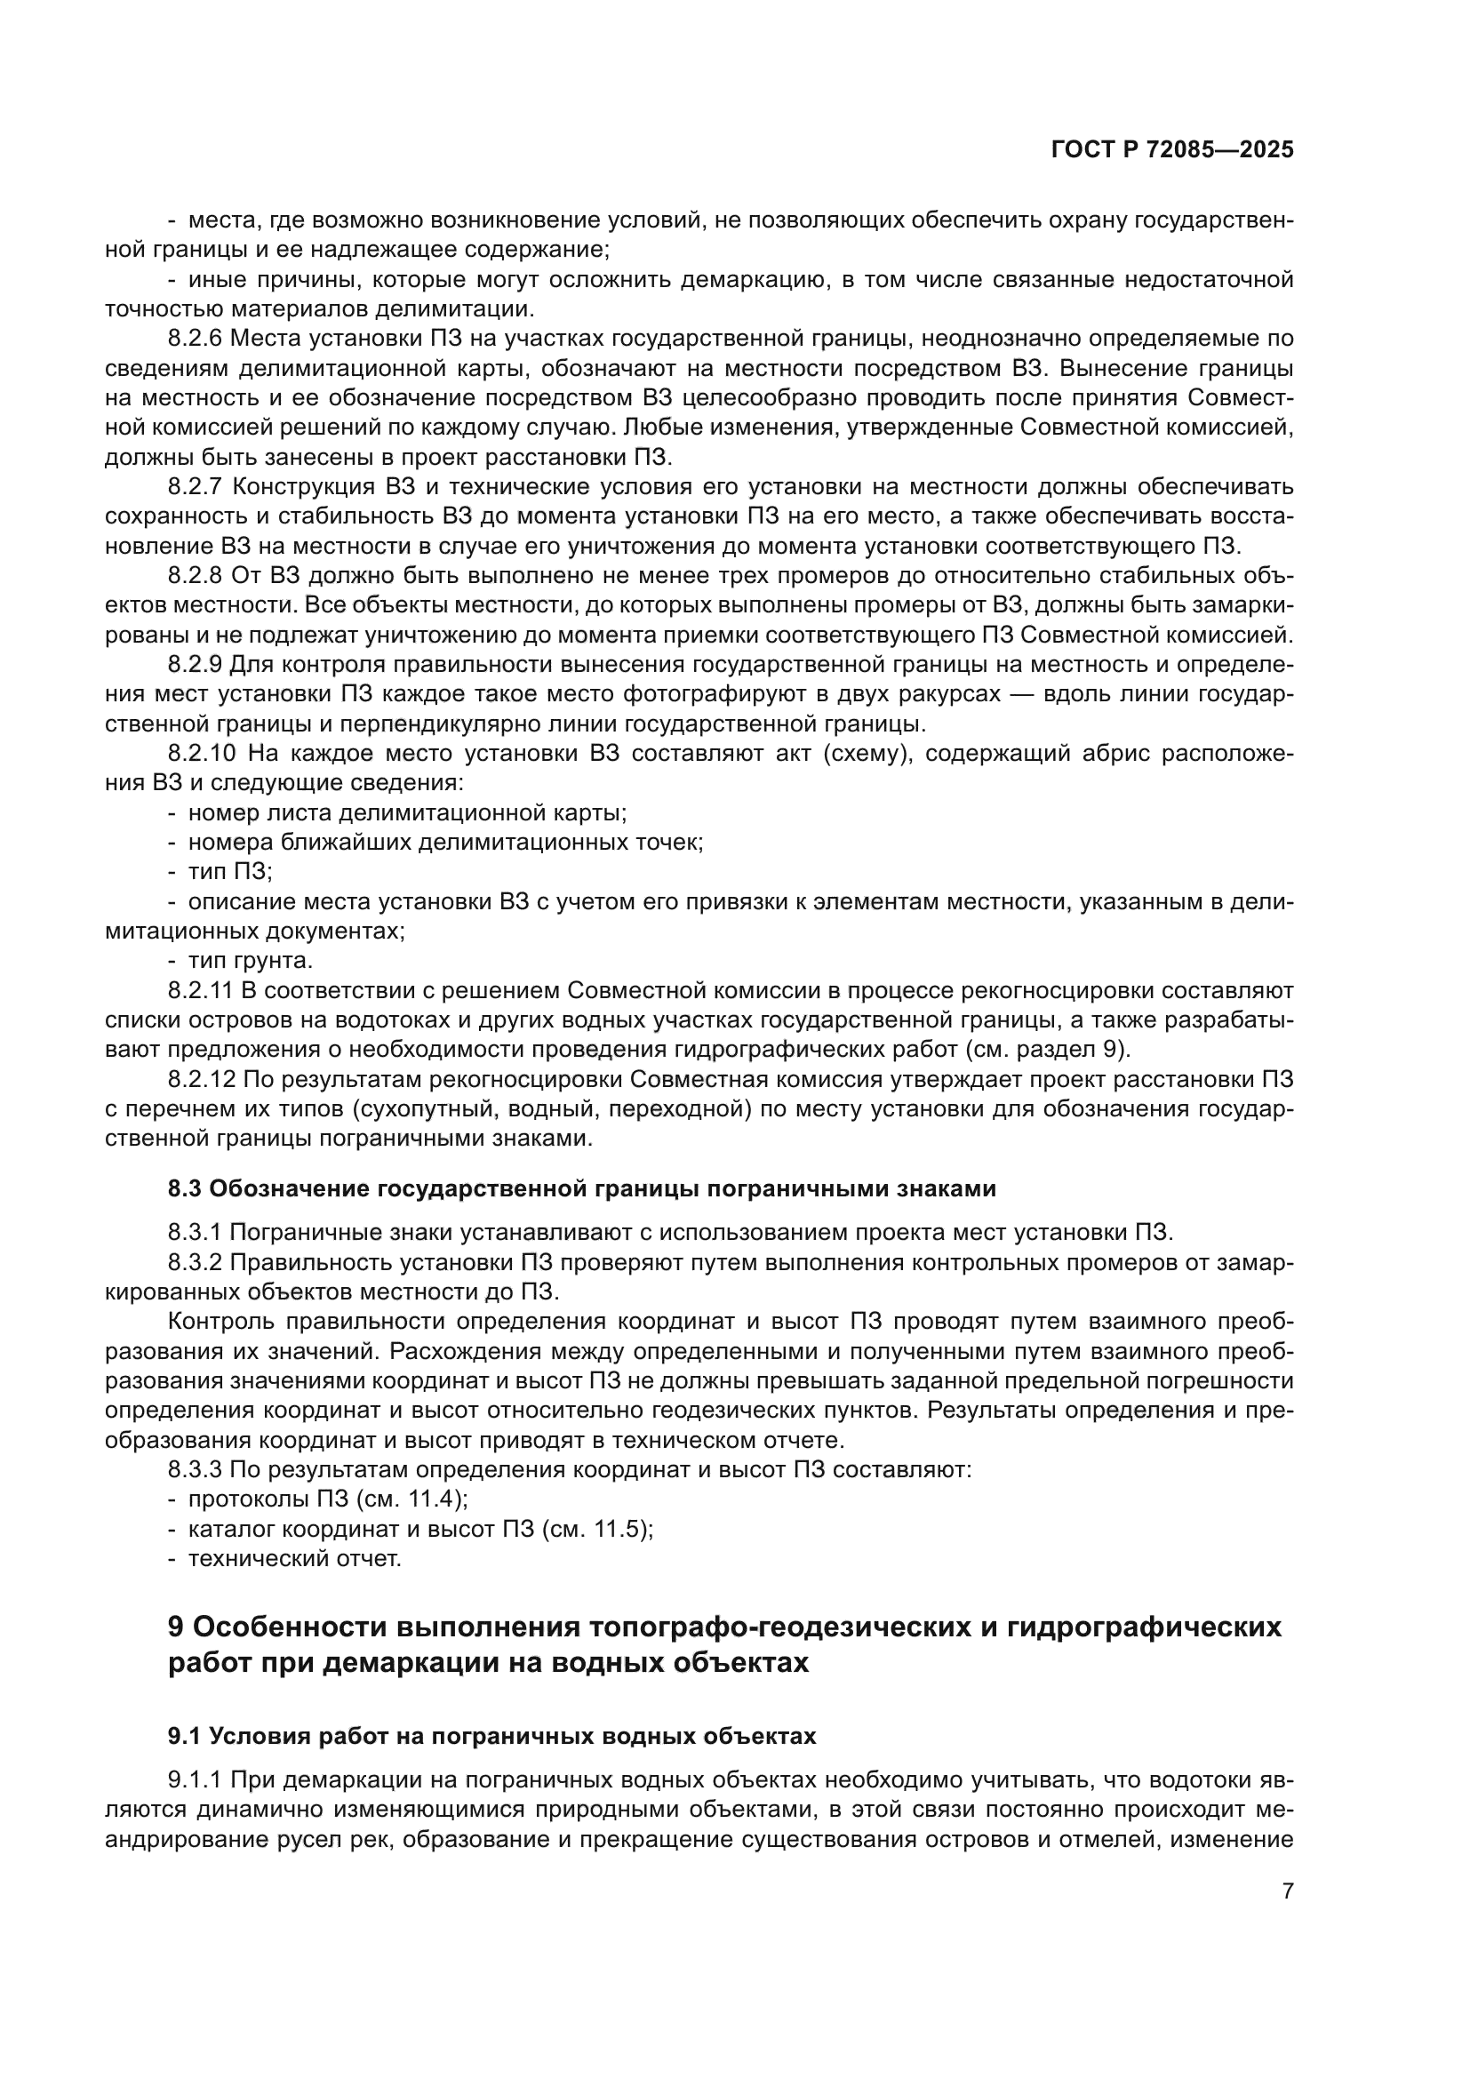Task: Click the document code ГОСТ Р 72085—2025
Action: pyautogui.click(x=1172, y=149)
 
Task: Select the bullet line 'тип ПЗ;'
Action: pyautogui.click(x=230, y=872)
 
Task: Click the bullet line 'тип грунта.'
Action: pyautogui.click(x=250, y=961)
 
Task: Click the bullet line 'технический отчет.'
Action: pyautogui.click(x=294, y=1559)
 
